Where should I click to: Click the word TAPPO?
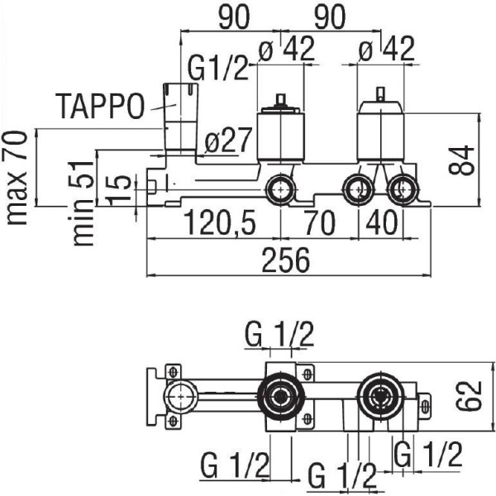[x=100, y=106]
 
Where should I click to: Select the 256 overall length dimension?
[x=286, y=260]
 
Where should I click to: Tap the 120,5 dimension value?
[x=220, y=222]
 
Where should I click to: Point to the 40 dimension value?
[x=381, y=222]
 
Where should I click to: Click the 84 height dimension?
[x=461, y=160]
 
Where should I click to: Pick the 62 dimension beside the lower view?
[x=469, y=396]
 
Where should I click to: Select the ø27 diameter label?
[x=228, y=140]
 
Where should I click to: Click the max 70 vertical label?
[x=17, y=178]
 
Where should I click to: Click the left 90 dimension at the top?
[x=234, y=17]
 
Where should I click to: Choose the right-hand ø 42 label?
[x=387, y=49]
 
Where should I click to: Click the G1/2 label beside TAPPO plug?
[x=217, y=68]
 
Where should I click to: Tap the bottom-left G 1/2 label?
[x=235, y=465]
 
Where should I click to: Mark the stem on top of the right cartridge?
[x=381, y=94]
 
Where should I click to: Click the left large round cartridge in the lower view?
[x=281, y=396]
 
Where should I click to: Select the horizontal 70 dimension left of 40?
[x=319, y=222]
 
